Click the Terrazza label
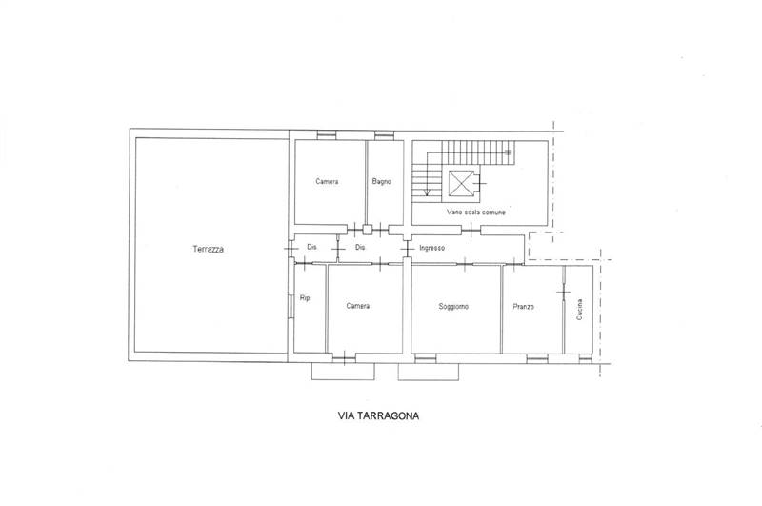point(208,249)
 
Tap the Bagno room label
point(382,181)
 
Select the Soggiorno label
point(453,306)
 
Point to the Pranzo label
point(523,306)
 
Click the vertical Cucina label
point(579,309)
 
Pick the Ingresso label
point(432,248)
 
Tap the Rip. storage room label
point(305,298)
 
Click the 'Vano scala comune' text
point(476,213)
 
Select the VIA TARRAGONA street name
point(378,415)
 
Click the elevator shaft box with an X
point(460,183)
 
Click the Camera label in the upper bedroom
point(327,181)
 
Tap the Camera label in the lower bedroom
point(358,306)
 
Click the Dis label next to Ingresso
point(360,248)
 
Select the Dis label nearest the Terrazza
point(312,247)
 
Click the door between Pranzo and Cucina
point(563,293)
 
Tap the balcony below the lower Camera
point(343,371)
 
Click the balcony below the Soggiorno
point(428,372)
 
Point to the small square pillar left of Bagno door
point(368,230)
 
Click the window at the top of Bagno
point(384,135)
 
